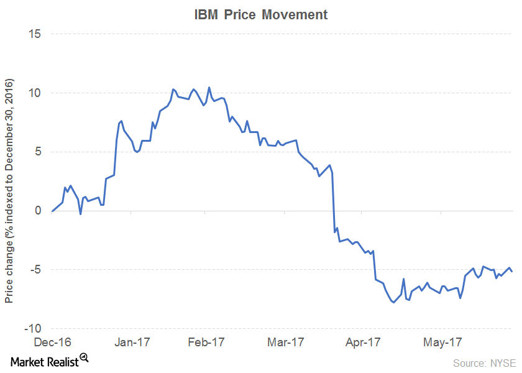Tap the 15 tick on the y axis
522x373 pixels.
click(x=34, y=34)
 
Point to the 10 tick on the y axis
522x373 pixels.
click(x=34, y=93)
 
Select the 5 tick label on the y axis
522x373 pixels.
click(x=37, y=152)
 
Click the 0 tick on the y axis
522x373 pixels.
click(x=37, y=211)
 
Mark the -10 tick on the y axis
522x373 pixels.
click(x=33, y=328)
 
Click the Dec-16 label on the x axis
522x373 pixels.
click(x=53, y=343)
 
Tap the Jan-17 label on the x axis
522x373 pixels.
click(x=132, y=343)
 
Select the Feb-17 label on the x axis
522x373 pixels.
click(x=206, y=343)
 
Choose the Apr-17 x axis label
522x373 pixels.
click(x=363, y=343)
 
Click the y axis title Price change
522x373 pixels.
click(x=9, y=191)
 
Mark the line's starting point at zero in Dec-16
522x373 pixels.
click(x=52, y=211)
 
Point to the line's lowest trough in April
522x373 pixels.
click(x=393, y=302)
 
